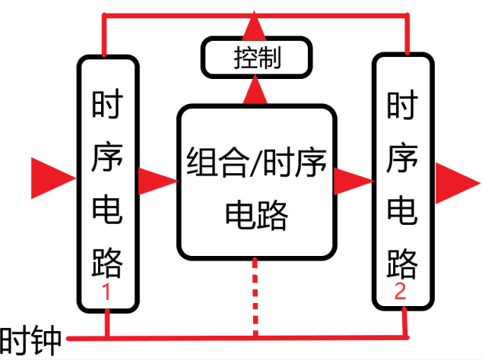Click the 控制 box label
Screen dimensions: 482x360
click(257, 58)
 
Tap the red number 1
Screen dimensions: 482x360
click(106, 292)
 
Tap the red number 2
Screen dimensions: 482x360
click(400, 291)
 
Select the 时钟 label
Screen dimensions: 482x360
click(30, 340)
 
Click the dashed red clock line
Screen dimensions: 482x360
click(255, 297)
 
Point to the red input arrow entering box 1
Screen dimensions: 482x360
click(53, 178)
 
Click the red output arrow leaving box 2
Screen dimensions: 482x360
click(458, 183)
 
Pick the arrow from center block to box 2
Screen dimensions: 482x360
click(354, 182)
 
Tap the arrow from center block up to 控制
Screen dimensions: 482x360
click(255, 90)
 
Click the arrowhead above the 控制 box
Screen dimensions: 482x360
click(254, 26)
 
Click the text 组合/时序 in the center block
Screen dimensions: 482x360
click(256, 162)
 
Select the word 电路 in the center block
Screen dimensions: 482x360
click(256, 215)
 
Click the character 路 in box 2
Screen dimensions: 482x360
click(402, 264)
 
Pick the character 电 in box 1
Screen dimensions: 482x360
click(107, 210)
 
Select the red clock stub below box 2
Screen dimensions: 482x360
click(405, 322)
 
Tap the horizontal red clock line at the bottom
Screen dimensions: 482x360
click(238, 339)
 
